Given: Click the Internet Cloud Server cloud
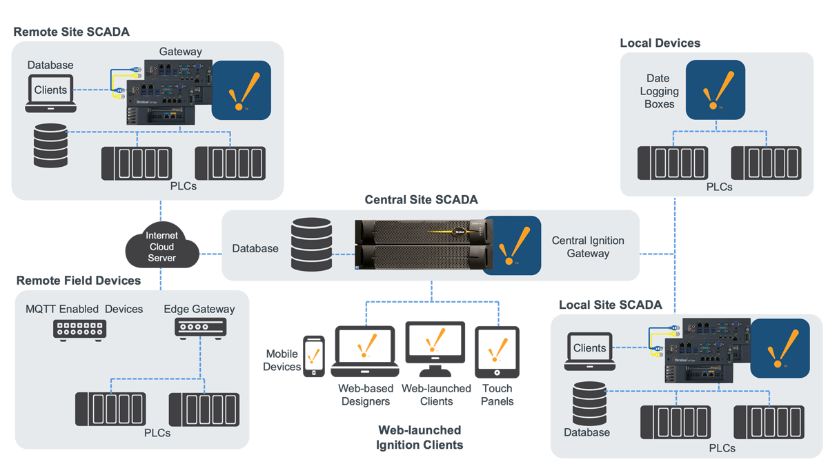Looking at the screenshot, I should [161, 247].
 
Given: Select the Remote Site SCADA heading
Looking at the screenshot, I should [72, 32].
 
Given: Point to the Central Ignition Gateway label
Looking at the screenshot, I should [588, 247].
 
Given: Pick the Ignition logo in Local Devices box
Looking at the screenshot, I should [715, 90].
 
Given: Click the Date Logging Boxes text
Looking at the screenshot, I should [662, 92].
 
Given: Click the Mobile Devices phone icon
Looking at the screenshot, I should [314, 356].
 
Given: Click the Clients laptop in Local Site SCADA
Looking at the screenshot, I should [589, 351].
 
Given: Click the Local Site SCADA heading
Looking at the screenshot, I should [610, 305].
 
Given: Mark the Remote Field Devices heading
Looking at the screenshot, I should [78, 281].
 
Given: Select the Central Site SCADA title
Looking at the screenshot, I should [421, 201].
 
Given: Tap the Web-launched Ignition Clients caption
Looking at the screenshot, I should [419, 437].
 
